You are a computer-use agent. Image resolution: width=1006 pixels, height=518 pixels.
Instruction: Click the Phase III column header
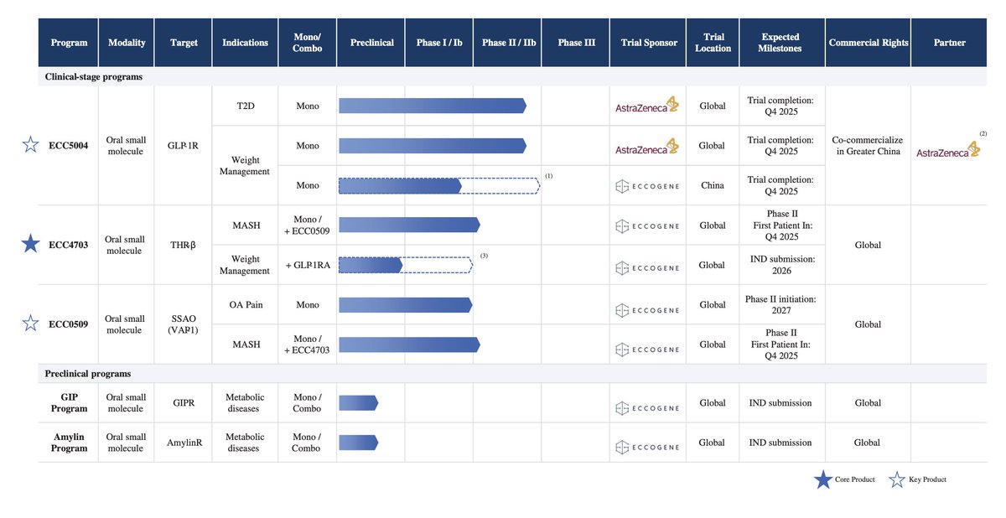576,43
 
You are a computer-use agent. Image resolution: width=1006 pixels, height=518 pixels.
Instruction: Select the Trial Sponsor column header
648,43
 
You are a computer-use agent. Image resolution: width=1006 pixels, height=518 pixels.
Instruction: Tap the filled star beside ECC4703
30,244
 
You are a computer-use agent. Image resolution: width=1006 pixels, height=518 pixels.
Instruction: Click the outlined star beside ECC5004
30,144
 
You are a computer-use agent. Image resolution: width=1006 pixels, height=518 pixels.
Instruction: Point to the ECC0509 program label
68,324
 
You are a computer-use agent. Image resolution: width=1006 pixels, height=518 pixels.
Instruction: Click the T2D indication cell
246,106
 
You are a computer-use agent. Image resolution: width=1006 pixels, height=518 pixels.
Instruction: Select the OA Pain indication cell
246,305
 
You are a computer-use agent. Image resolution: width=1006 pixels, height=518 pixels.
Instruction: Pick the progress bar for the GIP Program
359,403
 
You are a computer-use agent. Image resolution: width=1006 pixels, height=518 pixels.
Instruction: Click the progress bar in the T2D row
433,106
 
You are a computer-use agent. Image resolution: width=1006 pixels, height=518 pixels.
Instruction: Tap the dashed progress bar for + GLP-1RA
406,265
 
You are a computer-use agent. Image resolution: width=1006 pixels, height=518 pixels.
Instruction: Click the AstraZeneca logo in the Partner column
948,150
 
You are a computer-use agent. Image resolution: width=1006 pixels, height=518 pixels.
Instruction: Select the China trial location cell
713,185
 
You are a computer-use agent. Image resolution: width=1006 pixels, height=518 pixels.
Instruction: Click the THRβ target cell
183,245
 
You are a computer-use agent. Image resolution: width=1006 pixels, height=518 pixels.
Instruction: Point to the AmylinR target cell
184,443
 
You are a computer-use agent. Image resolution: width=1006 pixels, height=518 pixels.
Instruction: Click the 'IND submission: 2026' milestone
781,265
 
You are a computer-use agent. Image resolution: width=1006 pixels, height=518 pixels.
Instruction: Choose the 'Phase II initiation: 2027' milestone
780,305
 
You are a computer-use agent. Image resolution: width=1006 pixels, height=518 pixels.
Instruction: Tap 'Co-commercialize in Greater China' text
868,146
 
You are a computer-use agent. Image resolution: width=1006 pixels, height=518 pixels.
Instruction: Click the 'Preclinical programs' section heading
88,374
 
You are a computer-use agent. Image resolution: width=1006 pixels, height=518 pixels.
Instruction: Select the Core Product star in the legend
823,479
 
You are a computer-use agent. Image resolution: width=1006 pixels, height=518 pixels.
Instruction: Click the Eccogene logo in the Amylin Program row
647,447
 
